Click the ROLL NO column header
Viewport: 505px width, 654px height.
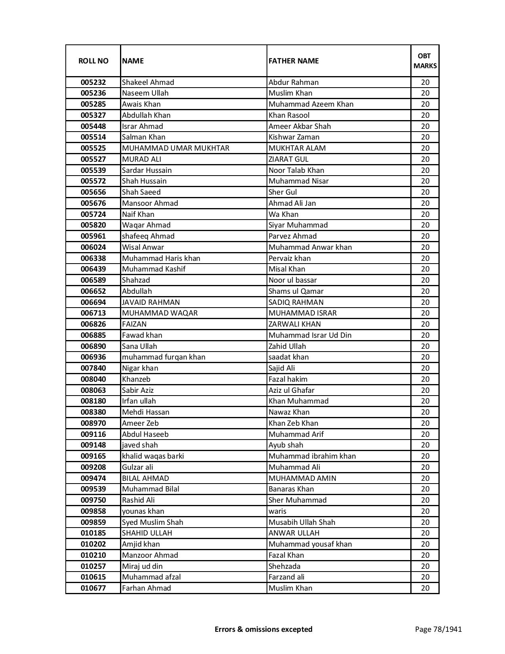click(93, 61)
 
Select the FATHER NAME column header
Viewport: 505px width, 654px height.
click(293, 61)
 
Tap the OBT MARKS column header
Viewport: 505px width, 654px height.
click(425, 61)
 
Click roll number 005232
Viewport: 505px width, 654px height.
click(93, 82)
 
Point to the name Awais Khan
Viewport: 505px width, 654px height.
click(141, 104)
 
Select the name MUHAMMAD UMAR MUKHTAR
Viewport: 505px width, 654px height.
click(175, 148)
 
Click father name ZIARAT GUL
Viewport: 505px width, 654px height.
click(288, 159)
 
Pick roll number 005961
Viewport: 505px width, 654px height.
click(93, 236)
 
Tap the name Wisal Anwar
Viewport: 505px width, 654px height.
click(143, 247)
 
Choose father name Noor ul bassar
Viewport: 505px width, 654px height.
click(293, 280)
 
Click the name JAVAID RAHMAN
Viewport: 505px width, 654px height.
click(151, 302)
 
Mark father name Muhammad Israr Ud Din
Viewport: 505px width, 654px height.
click(310, 335)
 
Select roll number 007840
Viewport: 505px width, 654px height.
click(93, 368)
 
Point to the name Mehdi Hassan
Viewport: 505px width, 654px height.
click(146, 412)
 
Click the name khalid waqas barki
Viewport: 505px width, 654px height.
click(153, 456)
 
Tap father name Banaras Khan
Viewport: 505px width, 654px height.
click(291, 489)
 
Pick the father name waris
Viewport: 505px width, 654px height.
click(277, 511)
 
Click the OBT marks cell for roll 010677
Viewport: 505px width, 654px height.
click(425, 588)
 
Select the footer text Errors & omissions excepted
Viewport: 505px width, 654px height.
click(263, 629)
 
